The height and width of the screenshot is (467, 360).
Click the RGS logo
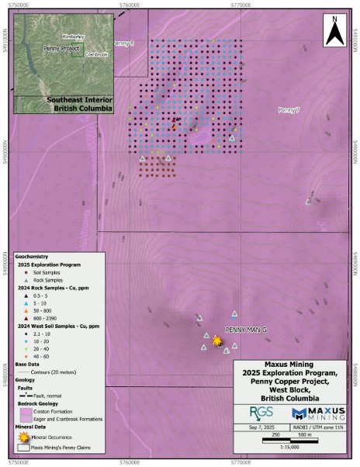click(257, 413)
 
